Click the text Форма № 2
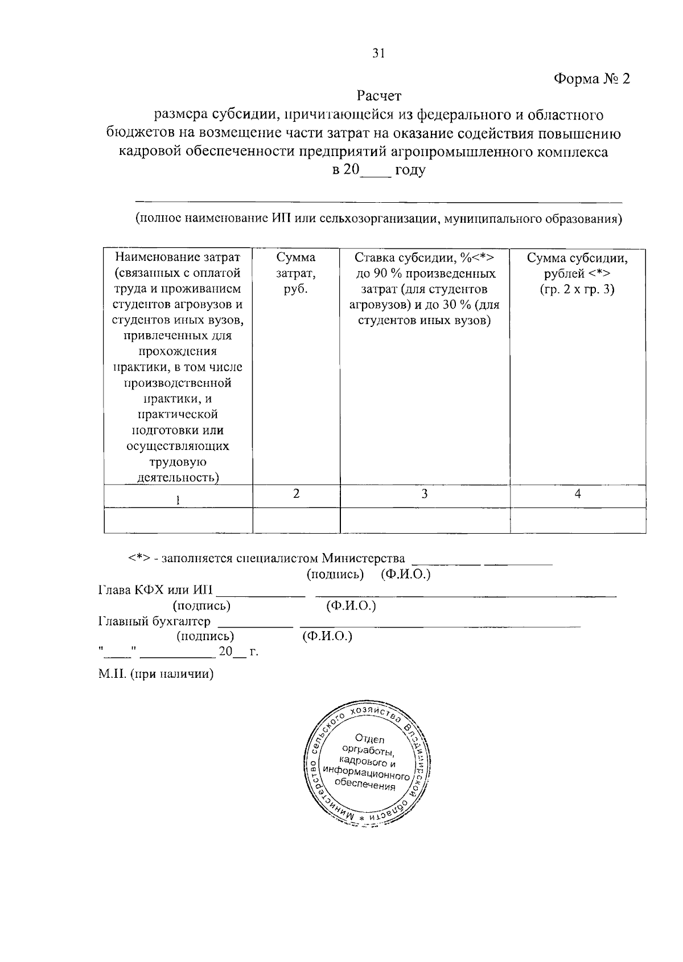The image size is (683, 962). [x=592, y=79]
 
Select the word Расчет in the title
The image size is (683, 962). [x=379, y=95]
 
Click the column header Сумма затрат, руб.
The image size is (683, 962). [x=295, y=273]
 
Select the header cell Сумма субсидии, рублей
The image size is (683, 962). [x=577, y=273]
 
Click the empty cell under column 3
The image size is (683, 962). [x=425, y=520]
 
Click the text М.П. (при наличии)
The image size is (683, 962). [x=155, y=675]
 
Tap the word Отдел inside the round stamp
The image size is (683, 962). [x=369, y=739]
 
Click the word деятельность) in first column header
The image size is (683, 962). [x=178, y=477]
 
